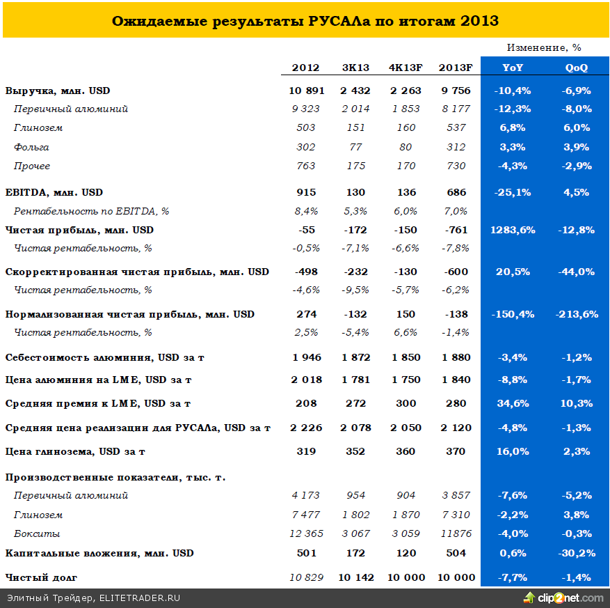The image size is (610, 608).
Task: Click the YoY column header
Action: (x=513, y=68)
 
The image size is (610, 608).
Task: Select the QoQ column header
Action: (x=576, y=68)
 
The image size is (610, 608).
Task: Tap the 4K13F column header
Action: (x=406, y=68)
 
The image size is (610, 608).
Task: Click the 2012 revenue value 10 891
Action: (x=306, y=91)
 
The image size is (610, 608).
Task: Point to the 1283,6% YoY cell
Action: (x=513, y=230)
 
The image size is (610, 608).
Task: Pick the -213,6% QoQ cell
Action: (x=576, y=314)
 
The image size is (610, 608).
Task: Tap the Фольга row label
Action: (x=31, y=147)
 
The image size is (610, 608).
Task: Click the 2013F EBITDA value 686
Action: (x=456, y=192)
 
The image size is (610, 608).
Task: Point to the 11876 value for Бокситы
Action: (x=456, y=533)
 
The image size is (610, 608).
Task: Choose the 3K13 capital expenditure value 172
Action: (x=356, y=553)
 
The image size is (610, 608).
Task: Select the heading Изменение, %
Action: (x=544, y=47)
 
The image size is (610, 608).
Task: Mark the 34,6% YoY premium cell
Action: (x=513, y=403)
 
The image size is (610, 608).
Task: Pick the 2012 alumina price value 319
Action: (x=306, y=451)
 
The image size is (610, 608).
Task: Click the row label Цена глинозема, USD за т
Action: (x=75, y=451)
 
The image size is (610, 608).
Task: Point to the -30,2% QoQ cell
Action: (x=576, y=553)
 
